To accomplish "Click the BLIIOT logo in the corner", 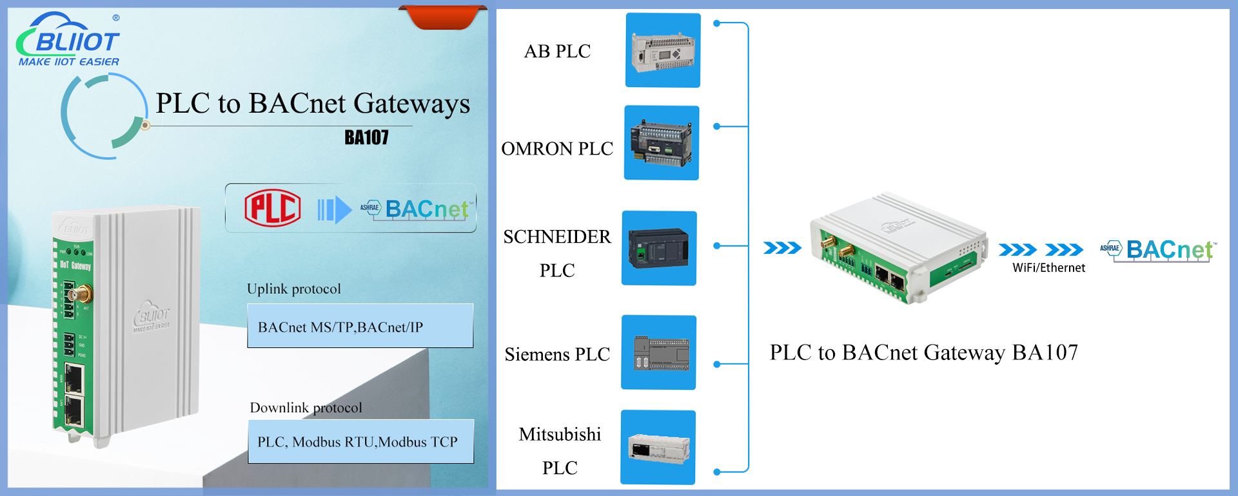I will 68,40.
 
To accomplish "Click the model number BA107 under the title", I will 366,137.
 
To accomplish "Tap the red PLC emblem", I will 272,208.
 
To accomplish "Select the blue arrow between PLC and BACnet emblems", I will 334,209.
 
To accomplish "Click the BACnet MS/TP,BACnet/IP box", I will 360,326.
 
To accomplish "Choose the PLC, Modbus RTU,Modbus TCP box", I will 360,442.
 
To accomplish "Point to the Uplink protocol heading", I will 294,289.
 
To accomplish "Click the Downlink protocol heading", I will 306,407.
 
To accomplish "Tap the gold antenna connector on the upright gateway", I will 83,296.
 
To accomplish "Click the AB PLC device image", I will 663,50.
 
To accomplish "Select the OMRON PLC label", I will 557,149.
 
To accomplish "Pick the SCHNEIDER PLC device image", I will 658,248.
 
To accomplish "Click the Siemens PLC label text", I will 557,354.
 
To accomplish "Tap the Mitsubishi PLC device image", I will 658,447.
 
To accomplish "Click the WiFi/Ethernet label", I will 1048,268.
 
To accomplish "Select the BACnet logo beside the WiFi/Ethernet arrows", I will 1159,251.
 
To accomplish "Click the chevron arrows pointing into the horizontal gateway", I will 782,248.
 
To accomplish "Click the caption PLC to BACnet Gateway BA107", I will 923,352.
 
